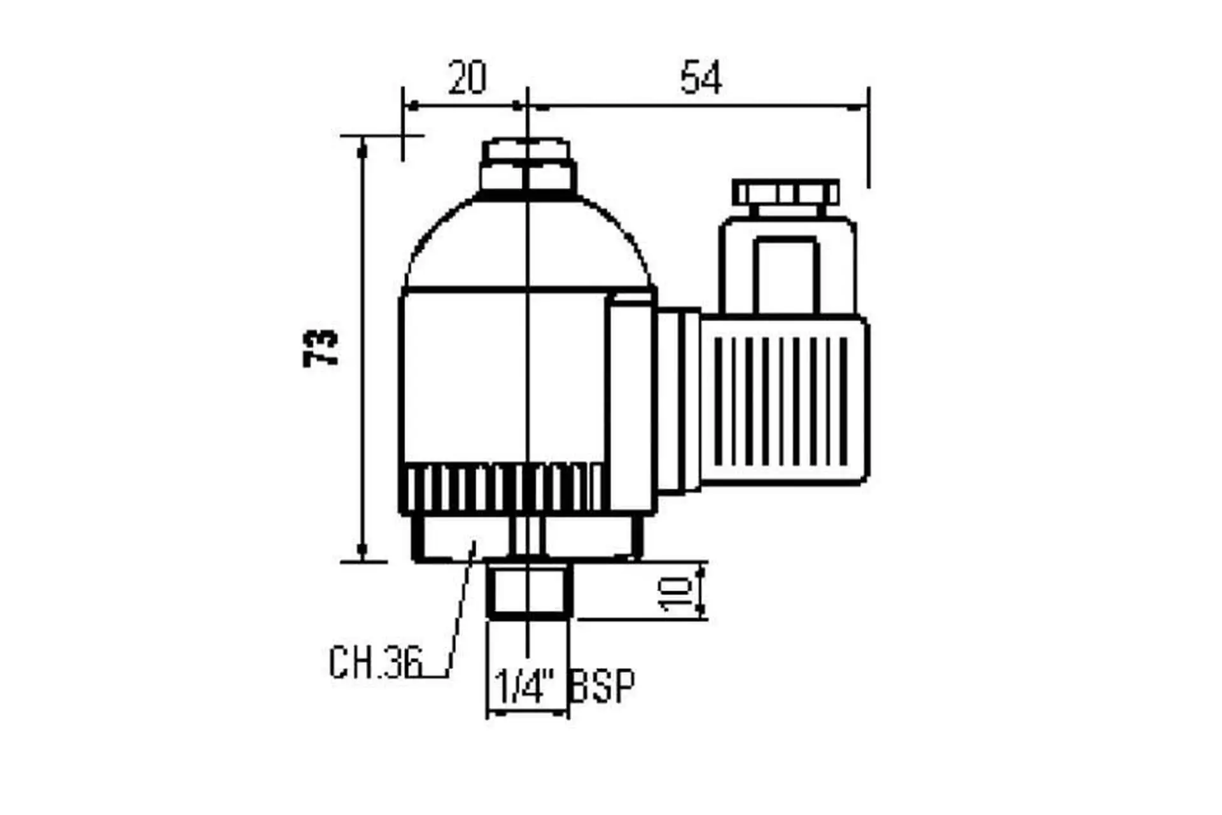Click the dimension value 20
467,77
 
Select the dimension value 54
701,77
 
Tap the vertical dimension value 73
320,348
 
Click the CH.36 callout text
376,662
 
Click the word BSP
602,686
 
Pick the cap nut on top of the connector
785,193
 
